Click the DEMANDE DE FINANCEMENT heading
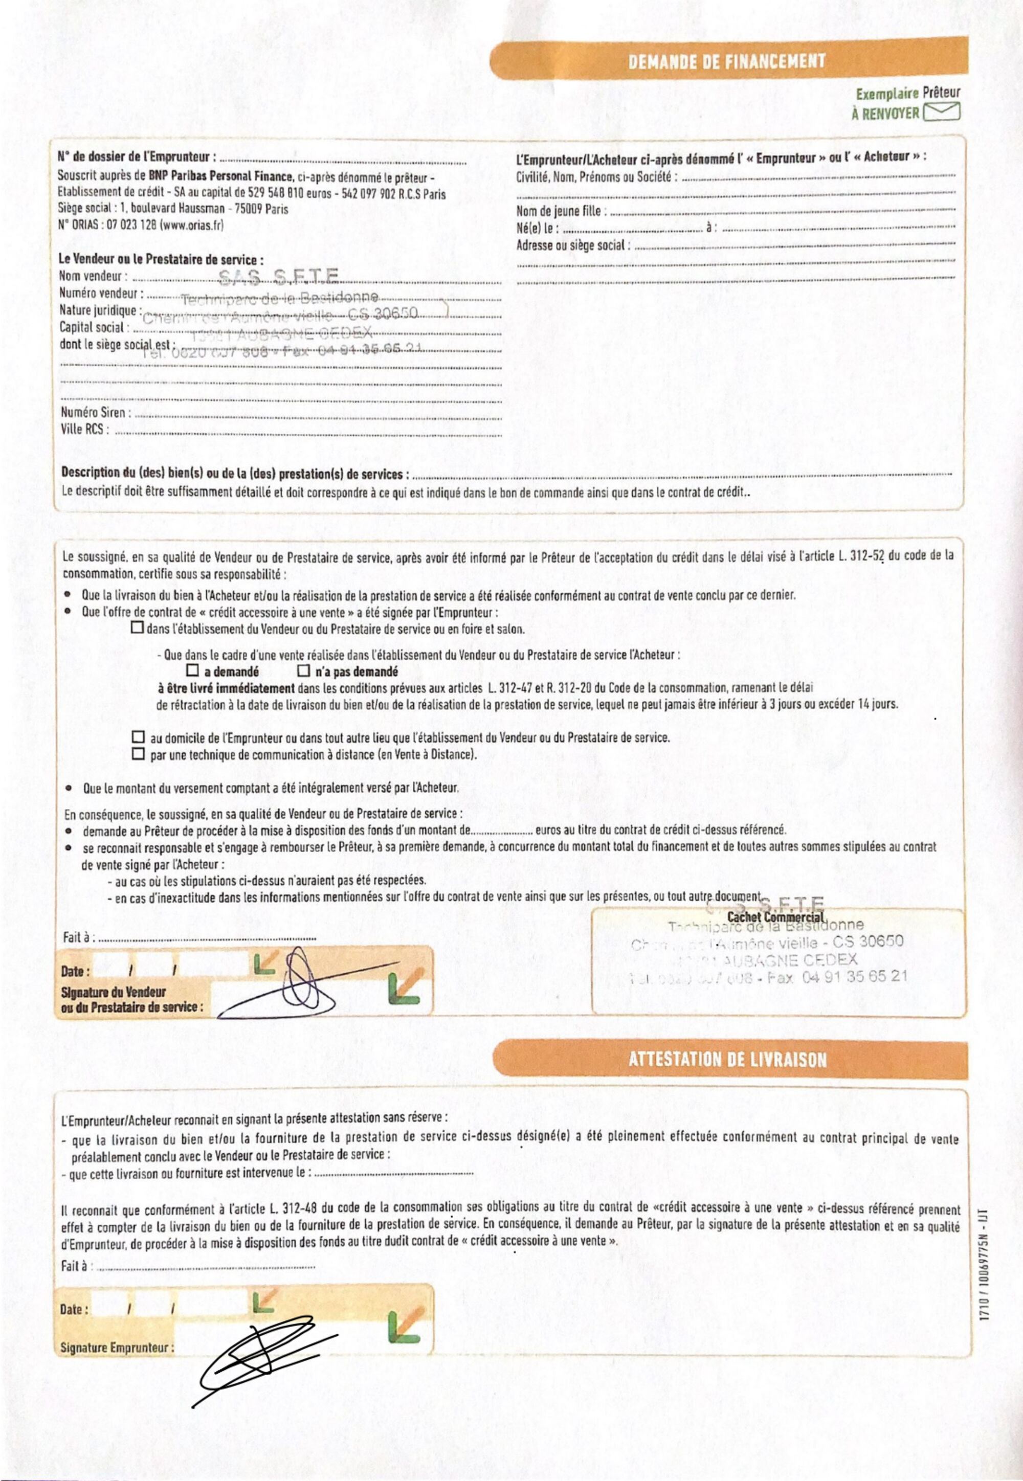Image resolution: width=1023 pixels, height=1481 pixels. (x=726, y=62)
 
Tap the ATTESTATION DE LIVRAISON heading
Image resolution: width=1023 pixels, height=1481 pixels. (x=727, y=1059)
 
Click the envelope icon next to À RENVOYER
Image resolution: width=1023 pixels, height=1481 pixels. (x=941, y=114)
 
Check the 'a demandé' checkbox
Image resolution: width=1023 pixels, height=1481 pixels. (x=192, y=671)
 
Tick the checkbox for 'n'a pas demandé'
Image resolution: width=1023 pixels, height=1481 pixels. (x=304, y=671)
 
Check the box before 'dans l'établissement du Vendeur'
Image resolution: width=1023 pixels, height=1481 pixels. (x=137, y=628)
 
